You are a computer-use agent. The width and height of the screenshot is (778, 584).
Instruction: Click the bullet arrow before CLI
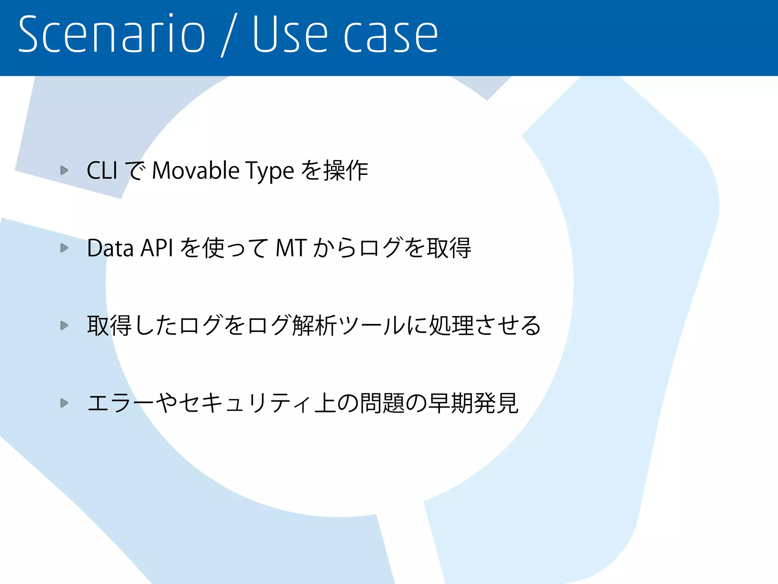point(64,170)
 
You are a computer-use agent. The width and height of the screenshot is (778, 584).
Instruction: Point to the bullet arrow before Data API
point(64,248)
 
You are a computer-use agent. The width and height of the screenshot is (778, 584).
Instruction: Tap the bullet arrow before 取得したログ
point(64,325)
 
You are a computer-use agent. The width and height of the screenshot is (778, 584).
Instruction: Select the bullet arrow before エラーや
point(64,403)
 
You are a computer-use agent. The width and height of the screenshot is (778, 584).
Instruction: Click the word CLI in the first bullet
point(102,170)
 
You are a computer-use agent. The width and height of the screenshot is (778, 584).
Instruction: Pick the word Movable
point(196,170)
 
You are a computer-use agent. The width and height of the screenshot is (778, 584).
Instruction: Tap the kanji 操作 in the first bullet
point(346,170)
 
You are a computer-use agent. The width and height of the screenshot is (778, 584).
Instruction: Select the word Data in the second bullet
point(110,248)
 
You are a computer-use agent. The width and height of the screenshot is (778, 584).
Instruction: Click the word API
point(157,248)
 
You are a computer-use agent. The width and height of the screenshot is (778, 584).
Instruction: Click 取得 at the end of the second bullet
point(448,248)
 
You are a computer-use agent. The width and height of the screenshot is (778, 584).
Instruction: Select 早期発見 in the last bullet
point(473,403)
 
